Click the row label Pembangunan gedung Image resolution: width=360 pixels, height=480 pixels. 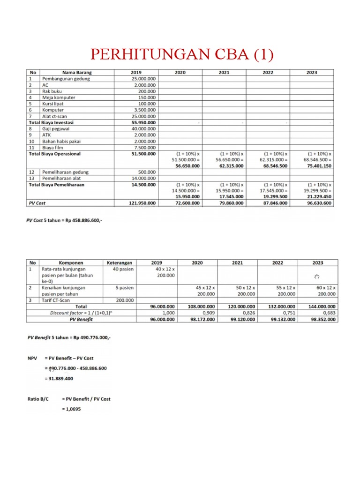pyautogui.click(x=66, y=79)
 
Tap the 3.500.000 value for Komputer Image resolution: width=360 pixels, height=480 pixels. pyautogui.click(x=147, y=110)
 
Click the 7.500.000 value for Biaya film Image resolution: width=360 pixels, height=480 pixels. pyautogui.click(x=147, y=147)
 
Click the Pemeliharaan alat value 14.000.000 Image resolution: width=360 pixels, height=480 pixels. pyautogui.click(x=146, y=178)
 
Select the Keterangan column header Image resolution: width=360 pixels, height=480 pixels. pyautogui.click(x=120, y=263)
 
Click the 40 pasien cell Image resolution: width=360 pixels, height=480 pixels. pyautogui.click(x=124, y=269)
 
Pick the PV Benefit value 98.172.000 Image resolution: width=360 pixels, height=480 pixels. pyautogui.click(x=201, y=319)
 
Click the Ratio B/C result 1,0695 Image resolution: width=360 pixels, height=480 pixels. pyautogui.click(x=71, y=409)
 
